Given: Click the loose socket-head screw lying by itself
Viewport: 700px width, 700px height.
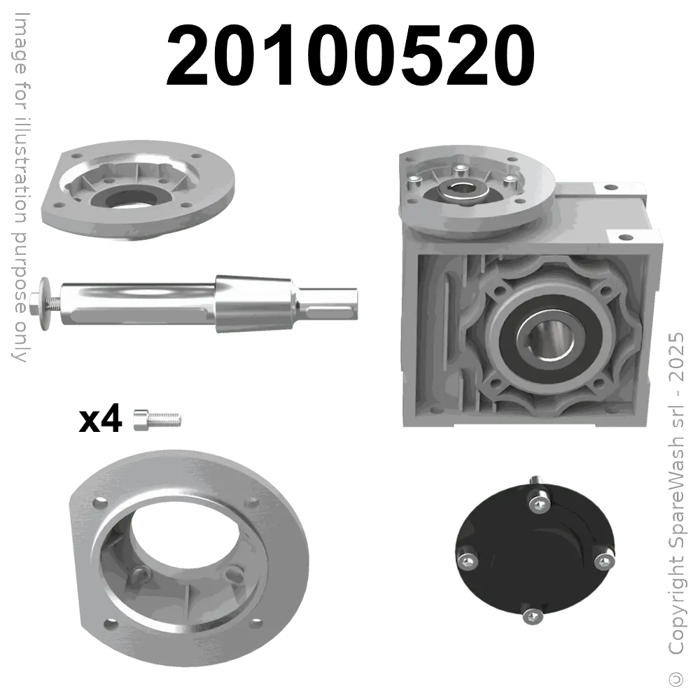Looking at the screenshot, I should point(156,420).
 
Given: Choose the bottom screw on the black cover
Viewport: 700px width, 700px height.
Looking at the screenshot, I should point(532,615).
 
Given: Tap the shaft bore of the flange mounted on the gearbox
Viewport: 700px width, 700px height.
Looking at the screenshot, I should point(463,187).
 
